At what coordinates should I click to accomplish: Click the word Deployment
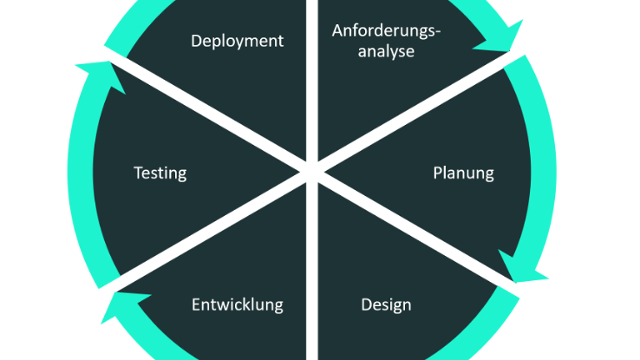tap(237, 41)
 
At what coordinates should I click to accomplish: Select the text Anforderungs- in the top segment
tap(386, 31)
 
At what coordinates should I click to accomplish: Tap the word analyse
tap(386, 51)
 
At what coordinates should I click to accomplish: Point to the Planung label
tap(463, 173)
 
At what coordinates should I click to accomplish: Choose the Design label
tap(386, 304)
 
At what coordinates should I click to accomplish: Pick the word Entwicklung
tap(237, 304)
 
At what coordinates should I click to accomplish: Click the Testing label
tap(160, 173)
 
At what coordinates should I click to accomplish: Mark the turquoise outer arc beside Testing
tap(80, 173)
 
